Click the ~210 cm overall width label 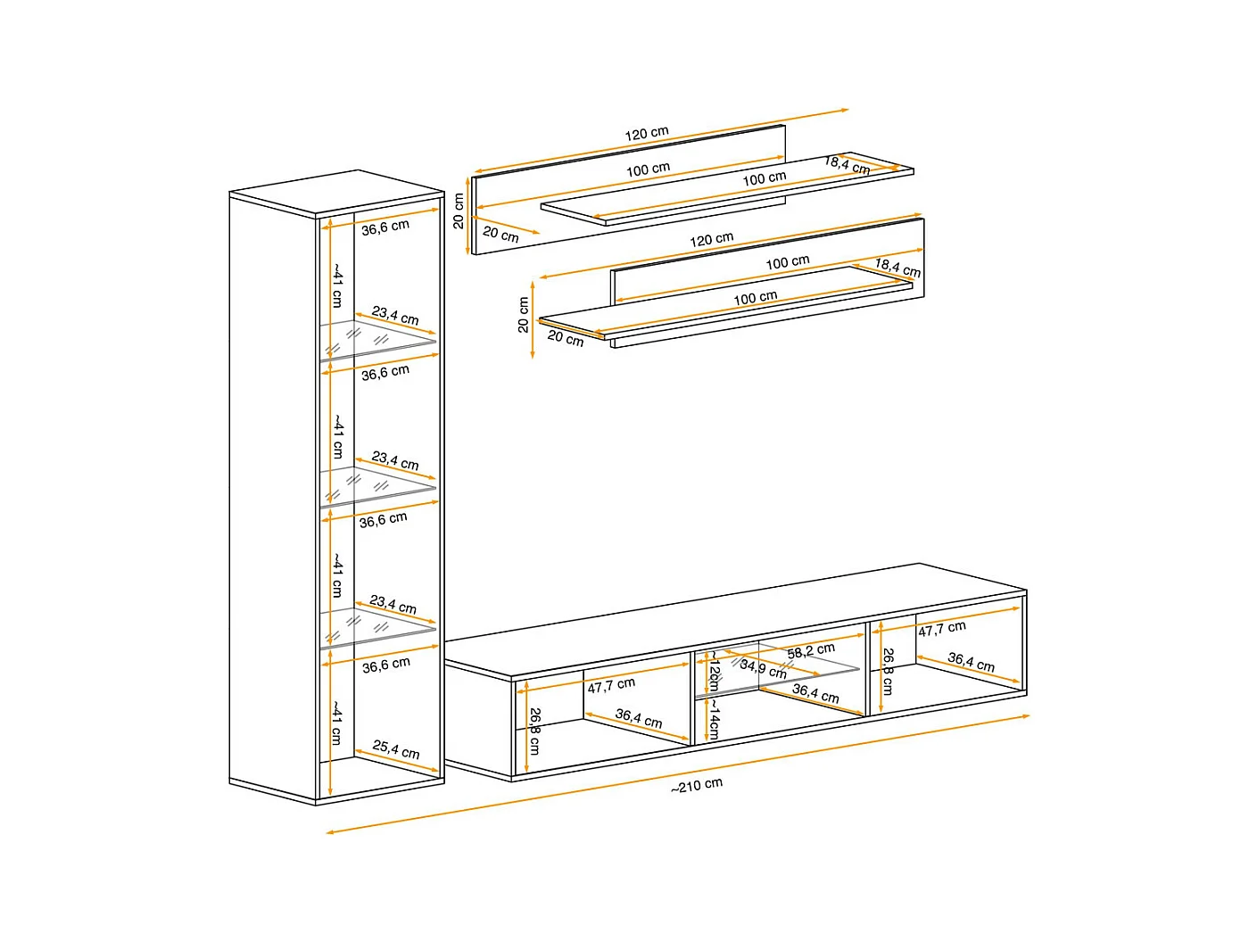tap(697, 785)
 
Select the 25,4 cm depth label tap(396, 749)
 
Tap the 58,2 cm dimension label tap(811, 650)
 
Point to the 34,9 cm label tap(764, 668)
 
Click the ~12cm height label tap(714, 671)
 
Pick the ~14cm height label tap(714, 719)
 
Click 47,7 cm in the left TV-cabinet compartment tap(611, 685)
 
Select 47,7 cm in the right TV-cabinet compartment tap(942, 628)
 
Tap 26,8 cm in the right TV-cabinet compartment tap(888, 671)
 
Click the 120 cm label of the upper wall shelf tap(647, 134)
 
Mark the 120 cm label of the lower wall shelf tap(711, 239)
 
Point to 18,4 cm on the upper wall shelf tap(847, 166)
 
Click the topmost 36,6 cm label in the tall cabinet tap(385, 227)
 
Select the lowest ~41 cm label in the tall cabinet tap(336, 722)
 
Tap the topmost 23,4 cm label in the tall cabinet tap(395, 316)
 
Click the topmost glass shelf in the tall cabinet tap(377, 341)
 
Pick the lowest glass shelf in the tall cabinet tap(377, 628)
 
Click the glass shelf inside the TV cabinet tap(777, 669)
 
